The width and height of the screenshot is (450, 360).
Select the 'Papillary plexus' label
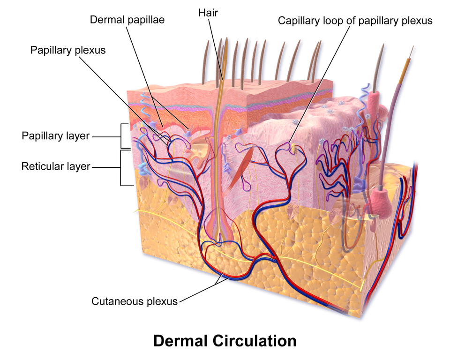(68, 50)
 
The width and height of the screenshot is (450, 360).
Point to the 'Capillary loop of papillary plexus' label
(355, 21)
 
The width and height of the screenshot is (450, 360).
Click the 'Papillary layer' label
(55, 136)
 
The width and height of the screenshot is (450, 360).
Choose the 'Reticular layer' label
(56, 166)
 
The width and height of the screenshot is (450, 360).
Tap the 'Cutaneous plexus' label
(135, 301)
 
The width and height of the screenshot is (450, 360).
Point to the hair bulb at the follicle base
(218, 230)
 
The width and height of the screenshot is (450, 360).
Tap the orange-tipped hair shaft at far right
(405, 70)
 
